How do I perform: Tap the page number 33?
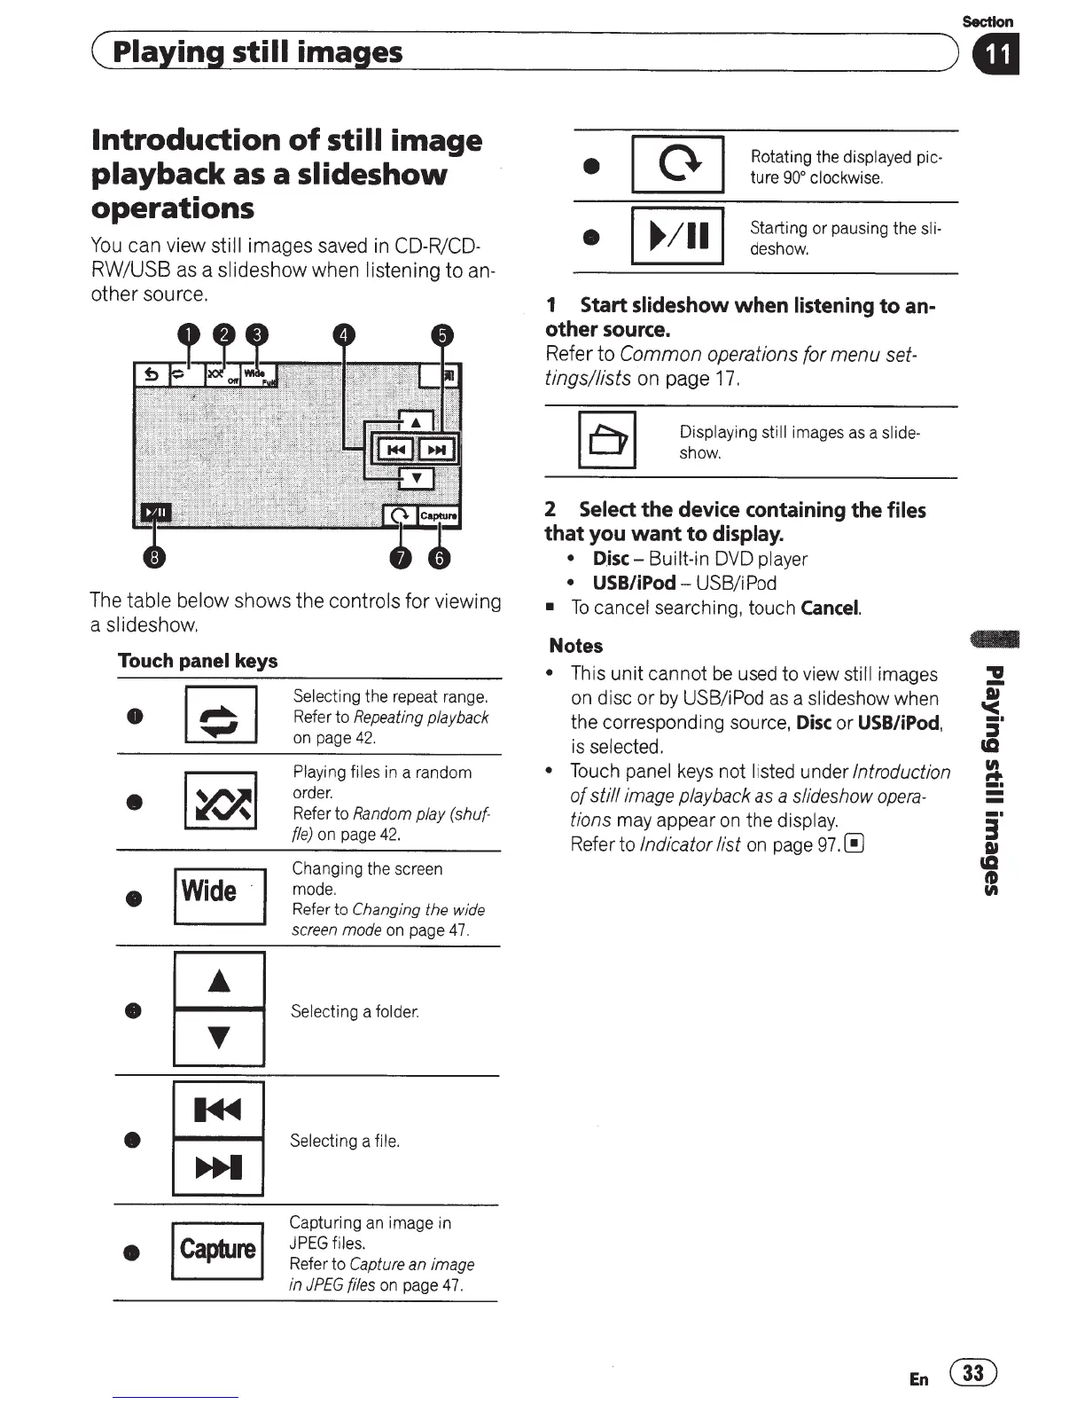pyautogui.click(x=972, y=1374)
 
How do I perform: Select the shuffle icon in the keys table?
pyautogui.click(x=221, y=801)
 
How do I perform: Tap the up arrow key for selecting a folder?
pyautogui.click(x=219, y=980)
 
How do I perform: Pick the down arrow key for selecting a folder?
pyautogui.click(x=219, y=1037)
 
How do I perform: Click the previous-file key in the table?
pyautogui.click(x=218, y=1109)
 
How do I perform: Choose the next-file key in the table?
pyautogui.click(x=218, y=1166)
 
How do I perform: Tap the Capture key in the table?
pyautogui.click(x=217, y=1250)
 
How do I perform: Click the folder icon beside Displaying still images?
pyautogui.click(x=607, y=440)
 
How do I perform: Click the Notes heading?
pyautogui.click(x=576, y=646)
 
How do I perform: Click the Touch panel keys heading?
pyautogui.click(x=198, y=661)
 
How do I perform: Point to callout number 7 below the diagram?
pyautogui.click(x=401, y=558)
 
